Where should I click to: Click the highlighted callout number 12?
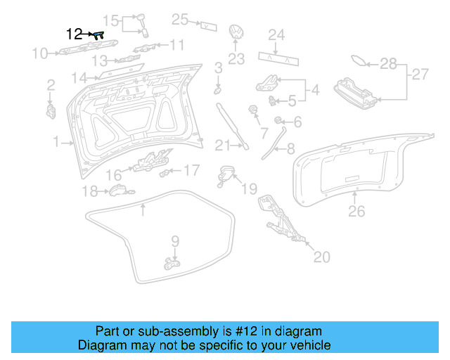click(x=73, y=33)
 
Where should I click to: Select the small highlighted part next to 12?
click(x=98, y=33)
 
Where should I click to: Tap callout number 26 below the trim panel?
click(x=356, y=211)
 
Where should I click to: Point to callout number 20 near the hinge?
click(x=321, y=257)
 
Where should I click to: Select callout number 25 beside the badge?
click(x=180, y=20)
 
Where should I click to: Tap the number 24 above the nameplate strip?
click(x=276, y=34)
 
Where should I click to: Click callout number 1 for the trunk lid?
click(x=56, y=142)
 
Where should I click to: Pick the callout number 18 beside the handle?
click(x=89, y=191)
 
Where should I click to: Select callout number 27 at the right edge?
click(x=420, y=74)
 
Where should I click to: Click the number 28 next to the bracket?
click(x=388, y=64)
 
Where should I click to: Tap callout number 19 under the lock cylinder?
click(x=250, y=189)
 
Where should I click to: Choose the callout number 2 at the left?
click(x=51, y=86)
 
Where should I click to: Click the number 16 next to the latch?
click(x=114, y=174)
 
